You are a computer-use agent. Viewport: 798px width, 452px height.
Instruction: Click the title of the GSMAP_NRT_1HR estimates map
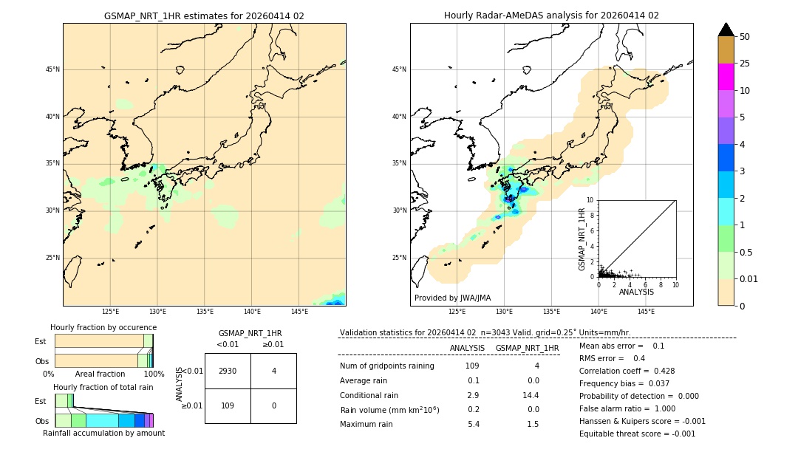(204, 16)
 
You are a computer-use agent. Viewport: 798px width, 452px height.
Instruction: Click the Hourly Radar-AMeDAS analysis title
(551, 16)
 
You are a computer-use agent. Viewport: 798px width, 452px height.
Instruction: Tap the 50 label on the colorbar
(745, 37)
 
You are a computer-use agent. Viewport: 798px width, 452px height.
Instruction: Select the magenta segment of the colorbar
(726, 77)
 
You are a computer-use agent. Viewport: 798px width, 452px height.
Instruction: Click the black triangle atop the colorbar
(726, 30)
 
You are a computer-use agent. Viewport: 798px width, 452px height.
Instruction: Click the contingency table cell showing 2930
(228, 371)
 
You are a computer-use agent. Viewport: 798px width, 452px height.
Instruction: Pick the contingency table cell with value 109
(228, 405)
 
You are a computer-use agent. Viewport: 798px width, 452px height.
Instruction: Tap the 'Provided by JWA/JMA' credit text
(452, 298)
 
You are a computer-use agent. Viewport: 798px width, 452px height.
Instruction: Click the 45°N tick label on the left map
(52, 69)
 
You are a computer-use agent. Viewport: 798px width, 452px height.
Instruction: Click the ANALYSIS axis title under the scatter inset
(636, 292)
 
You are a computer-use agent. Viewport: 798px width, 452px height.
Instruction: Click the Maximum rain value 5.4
(473, 424)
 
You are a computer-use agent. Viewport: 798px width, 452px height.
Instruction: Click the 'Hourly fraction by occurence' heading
(103, 327)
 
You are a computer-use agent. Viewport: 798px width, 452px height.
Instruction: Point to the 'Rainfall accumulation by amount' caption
(103, 433)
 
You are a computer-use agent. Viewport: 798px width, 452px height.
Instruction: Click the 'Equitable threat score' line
(637, 434)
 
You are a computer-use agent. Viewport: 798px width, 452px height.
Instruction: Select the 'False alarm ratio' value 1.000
(664, 408)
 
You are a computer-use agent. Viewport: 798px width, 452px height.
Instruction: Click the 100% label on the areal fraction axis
(154, 374)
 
